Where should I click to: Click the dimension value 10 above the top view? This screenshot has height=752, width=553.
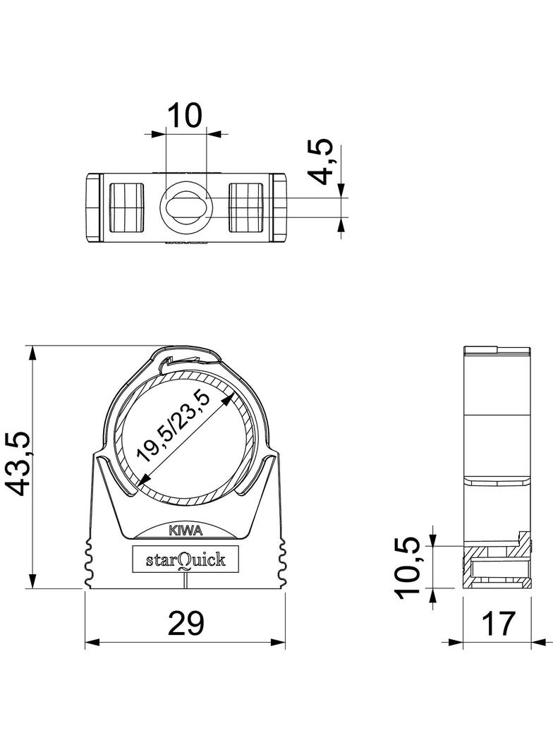tap(185, 114)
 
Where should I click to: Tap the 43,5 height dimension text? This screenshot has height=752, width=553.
tap(20, 463)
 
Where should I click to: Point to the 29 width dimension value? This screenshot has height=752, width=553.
tap(186, 624)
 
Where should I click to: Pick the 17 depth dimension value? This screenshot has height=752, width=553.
tap(498, 624)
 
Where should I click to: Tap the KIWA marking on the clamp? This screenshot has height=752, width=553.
tap(185, 531)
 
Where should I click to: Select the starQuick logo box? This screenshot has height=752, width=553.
tap(185, 560)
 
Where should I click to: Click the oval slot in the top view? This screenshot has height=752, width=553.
tap(186, 208)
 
